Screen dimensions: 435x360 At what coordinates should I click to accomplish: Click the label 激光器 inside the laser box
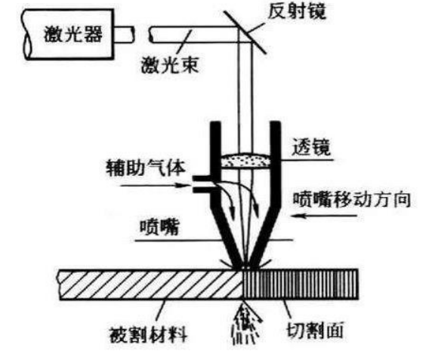click(73, 34)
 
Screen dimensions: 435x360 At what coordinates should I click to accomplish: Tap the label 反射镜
click(297, 11)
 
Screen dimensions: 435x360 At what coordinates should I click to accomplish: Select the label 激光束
click(170, 65)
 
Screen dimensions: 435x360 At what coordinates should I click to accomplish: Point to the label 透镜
click(311, 147)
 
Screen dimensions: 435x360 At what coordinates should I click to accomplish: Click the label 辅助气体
click(145, 168)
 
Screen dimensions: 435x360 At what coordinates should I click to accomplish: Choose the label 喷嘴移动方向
click(352, 199)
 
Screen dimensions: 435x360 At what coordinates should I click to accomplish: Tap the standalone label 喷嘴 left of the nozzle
click(159, 227)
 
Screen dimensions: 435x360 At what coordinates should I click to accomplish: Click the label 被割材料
click(148, 335)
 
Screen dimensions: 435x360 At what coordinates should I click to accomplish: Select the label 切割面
click(315, 330)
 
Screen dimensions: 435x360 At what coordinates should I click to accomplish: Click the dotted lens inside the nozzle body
click(245, 160)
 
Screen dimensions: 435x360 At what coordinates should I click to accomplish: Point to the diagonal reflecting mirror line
click(245, 32)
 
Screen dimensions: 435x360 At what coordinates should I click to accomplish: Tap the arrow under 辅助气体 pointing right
click(155, 185)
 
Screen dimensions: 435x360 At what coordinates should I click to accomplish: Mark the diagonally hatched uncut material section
click(151, 285)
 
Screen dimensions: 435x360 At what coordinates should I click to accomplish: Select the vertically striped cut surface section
click(301, 285)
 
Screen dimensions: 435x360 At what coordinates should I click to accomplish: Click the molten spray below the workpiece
click(246, 324)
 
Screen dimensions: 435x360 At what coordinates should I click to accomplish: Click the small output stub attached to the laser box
click(124, 35)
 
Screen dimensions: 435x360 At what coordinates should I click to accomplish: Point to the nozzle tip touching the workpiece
click(245, 267)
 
